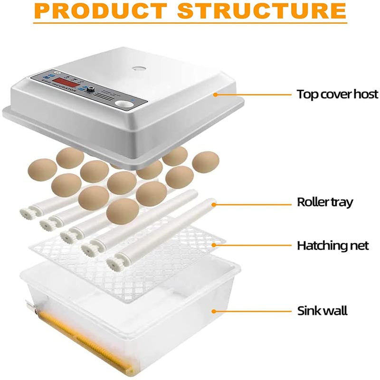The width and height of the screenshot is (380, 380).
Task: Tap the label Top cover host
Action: point(337,94)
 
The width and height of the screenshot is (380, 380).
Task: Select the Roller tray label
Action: point(325,202)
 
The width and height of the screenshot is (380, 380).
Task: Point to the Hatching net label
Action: point(332,246)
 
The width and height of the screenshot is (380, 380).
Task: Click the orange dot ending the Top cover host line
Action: point(215,94)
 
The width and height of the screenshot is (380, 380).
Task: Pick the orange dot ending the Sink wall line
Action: point(214,312)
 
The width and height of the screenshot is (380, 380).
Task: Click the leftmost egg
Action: point(42,169)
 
